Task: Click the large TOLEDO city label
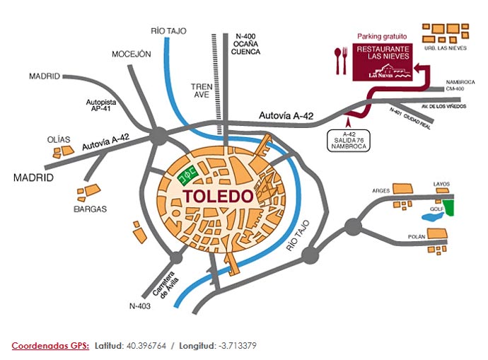tap(218, 196)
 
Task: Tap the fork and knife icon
tap(342, 59)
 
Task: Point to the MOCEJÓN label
tap(132, 54)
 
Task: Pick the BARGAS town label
tap(90, 209)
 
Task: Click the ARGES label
tap(380, 191)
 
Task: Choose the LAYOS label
tap(441, 184)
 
